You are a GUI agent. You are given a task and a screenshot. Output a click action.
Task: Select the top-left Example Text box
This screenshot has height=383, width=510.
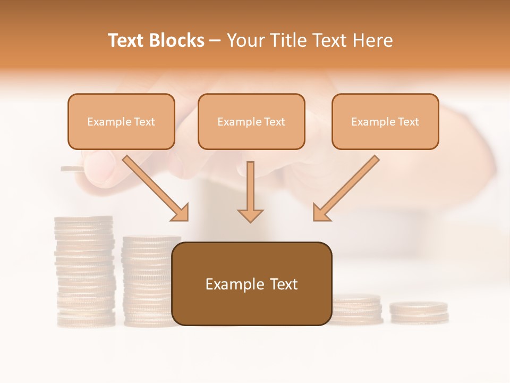pyautogui.click(x=121, y=121)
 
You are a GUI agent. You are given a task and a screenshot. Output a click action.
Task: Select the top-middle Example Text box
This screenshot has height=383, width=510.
pyautogui.click(x=251, y=121)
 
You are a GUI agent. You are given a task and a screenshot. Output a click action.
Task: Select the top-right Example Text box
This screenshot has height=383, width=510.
pyautogui.click(x=385, y=121)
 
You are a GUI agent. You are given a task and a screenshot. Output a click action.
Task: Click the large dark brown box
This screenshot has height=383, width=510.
pyautogui.click(x=251, y=284)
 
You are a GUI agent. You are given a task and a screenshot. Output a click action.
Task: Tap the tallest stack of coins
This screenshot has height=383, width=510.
pyautogui.click(x=84, y=271)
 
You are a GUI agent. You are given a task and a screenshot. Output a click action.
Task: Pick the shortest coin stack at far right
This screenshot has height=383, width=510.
pyautogui.click(x=419, y=312)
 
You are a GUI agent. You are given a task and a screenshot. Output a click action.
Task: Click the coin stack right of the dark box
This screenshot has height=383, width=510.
pyautogui.click(x=357, y=309)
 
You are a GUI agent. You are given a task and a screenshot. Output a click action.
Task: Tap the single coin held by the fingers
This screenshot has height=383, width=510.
pyautogui.click(x=72, y=169)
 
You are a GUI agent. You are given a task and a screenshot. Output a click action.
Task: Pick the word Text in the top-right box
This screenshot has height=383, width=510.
pyautogui.click(x=408, y=122)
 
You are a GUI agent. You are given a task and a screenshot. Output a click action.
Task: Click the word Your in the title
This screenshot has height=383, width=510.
pyautogui.click(x=244, y=40)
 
